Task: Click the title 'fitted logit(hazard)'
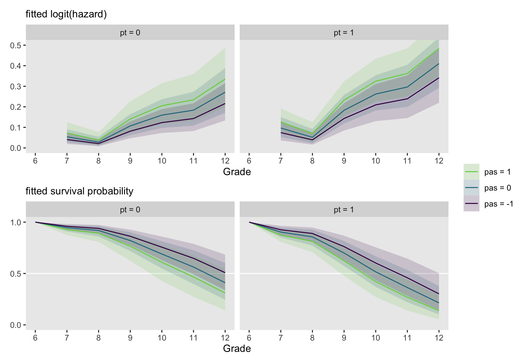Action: (x=66, y=14)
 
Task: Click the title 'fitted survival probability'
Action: (x=79, y=191)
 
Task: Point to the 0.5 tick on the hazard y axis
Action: (x=15, y=45)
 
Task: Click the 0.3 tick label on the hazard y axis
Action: (x=15, y=86)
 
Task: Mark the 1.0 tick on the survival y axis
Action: (x=15, y=222)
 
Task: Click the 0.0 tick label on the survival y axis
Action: (x=15, y=325)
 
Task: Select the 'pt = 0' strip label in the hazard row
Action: (x=130, y=33)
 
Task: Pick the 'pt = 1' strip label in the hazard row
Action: (x=344, y=33)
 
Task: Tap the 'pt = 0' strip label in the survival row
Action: (x=130, y=210)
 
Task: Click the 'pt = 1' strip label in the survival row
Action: (x=344, y=210)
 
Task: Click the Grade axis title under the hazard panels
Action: (x=237, y=172)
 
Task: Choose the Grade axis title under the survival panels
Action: (x=237, y=348)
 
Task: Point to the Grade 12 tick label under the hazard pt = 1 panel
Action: (x=439, y=161)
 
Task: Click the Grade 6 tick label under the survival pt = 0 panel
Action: (x=35, y=338)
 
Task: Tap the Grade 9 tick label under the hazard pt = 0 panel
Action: (x=130, y=161)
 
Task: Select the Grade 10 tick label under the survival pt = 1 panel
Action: (x=376, y=338)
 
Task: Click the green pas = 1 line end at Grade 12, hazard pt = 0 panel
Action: (x=225, y=79)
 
